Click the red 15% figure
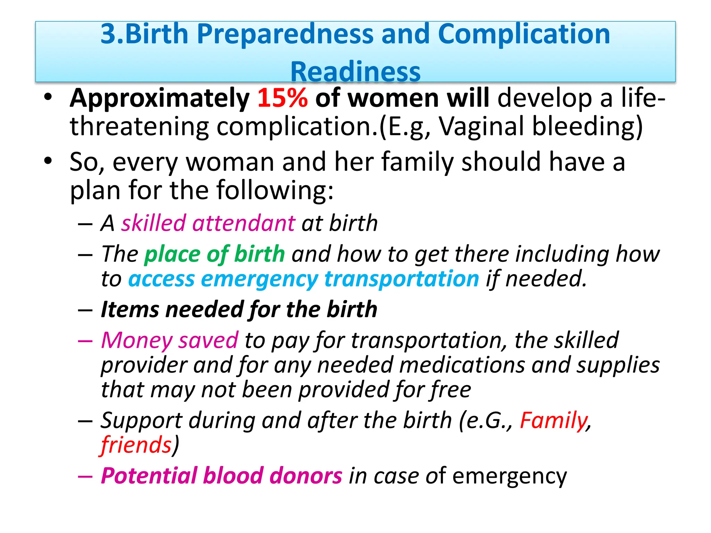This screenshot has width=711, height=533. (x=282, y=98)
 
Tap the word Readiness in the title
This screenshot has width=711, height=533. (x=355, y=72)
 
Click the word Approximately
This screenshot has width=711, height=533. (x=159, y=99)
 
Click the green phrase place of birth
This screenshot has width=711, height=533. (x=215, y=254)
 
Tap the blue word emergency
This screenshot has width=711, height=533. (x=259, y=279)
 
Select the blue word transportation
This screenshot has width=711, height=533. (x=401, y=279)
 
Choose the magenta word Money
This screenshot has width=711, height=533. (x=137, y=340)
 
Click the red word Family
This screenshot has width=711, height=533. (x=553, y=421)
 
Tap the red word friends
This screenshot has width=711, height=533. (x=136, y=445)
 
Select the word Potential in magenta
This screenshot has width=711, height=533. (x=149, y=476)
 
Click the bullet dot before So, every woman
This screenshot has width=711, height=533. (x=48, y=161)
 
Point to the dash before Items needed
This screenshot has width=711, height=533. (x=85, y=310)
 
